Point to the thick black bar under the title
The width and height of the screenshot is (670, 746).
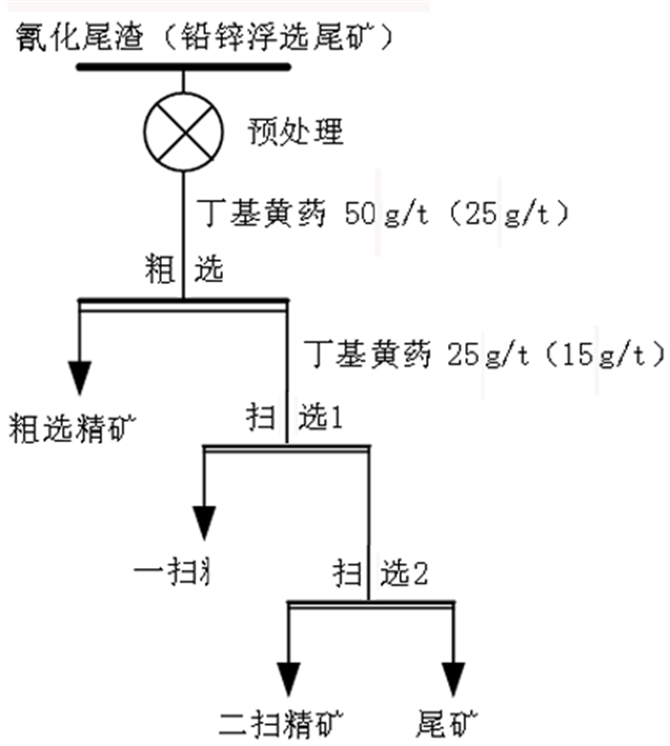[x=183, y=68]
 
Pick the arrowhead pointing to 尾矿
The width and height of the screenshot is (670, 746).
[x=452, y=676]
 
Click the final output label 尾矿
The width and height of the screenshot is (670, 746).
[x=447, y=722]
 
